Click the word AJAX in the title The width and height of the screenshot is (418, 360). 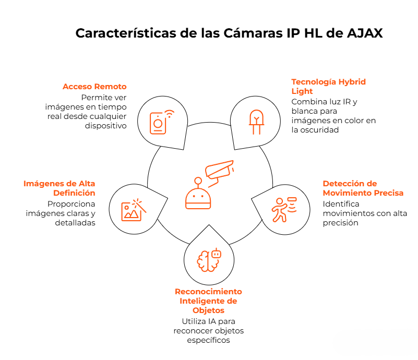[365, 33]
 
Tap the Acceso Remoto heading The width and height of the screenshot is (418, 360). [94, 87]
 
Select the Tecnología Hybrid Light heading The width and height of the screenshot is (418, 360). [328, 86]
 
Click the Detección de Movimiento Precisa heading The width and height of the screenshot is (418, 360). [363, 188]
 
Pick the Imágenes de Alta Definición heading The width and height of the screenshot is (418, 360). [59, 188]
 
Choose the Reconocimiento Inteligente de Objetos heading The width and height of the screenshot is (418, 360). [208, 301]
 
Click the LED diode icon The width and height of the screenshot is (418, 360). [256, 122]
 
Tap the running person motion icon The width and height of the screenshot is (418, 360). [284, 210]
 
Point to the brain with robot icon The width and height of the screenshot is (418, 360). [209, 260]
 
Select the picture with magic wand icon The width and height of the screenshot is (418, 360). [134, 210]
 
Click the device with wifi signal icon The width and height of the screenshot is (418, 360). [162, 122]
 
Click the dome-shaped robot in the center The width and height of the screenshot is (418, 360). [198, 194]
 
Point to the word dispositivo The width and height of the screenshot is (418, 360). [105, 126]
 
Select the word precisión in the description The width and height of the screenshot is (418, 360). [340, 223]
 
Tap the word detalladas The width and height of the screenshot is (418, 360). [75, 223]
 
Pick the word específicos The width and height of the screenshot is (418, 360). [208, 340]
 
